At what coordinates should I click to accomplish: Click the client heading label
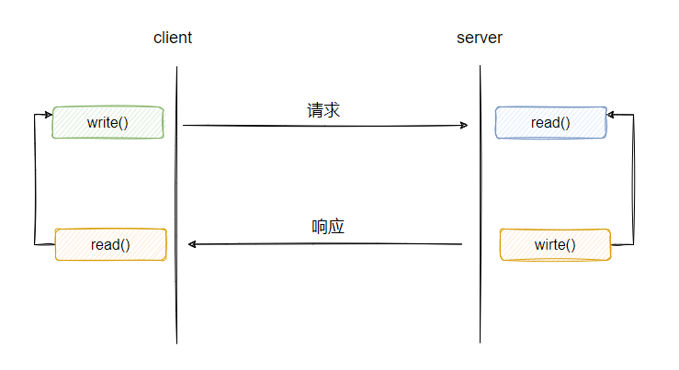pyautogui.click(x=173, y=39)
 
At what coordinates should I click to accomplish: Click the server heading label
pyautogui.click(x=479, y=39)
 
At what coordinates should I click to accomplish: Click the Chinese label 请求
pyautogui.click(x=323, y=110)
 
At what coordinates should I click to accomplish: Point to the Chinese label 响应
pyautogui.click(x=327, y=227)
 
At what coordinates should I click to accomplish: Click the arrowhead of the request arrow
pyautogui.click(x=464, y=125)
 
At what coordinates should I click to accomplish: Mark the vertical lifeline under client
pyautogui.click(x=175, y=294)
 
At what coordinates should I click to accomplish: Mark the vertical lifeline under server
pyautogui.click(x=480, y=294)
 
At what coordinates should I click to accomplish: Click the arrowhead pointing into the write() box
pyautogui.click(x=48, y=115)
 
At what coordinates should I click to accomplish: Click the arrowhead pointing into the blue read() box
pyautogui.click(x=612, y=115)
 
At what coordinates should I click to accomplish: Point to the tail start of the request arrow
pyautogui.click(x=185, y=125)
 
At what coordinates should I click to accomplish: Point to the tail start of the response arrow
pyautogui.click(x=460, y=244)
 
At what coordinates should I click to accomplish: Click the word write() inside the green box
pyautogui.click(x=108, y=122)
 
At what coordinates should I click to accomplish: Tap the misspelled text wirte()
pyautogui.click(x=554, y=245)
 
